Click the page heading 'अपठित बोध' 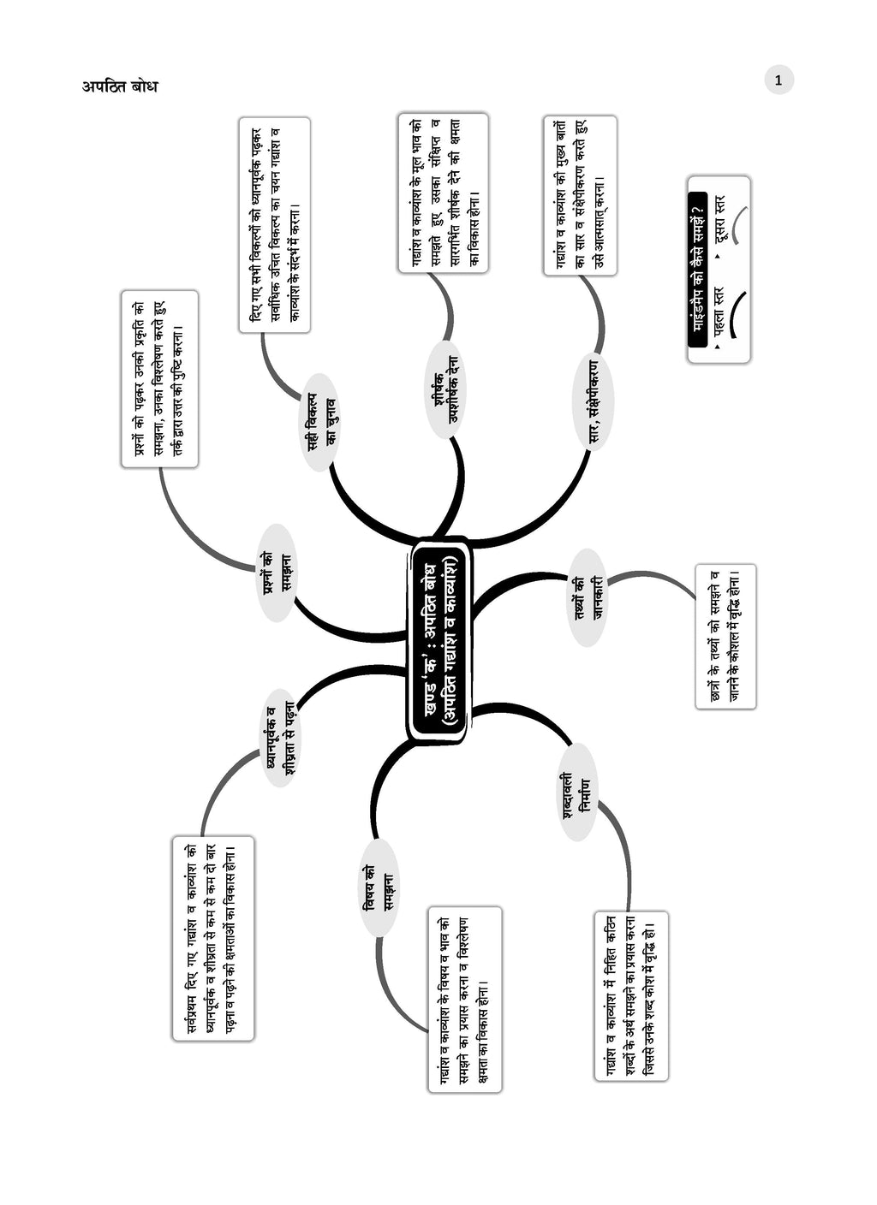coord(120,86)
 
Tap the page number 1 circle coord(779,80)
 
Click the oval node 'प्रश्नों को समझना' coord(276,573)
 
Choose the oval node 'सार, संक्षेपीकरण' coord(597,400)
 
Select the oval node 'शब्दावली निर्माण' coord(577,792)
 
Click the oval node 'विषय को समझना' coord(378,887)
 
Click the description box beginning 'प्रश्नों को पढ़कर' coord(160,378)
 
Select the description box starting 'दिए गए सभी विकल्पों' coord(274,224)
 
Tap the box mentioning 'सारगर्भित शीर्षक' coord(443,193)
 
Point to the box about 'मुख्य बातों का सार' coord(580,196)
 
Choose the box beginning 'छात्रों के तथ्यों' coord(725,636)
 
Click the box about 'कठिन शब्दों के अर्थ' coord(630,995)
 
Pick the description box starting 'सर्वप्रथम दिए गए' coord(213,938)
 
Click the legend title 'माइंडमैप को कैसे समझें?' coord(697,270)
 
